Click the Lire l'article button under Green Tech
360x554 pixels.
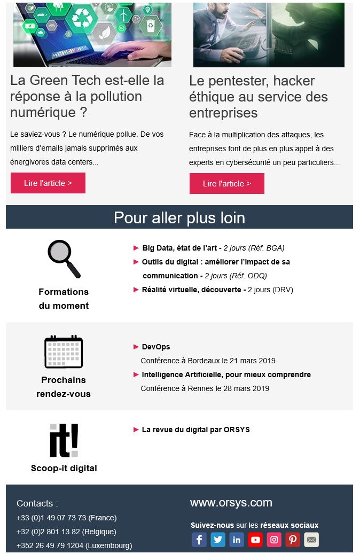[x=48, y=183]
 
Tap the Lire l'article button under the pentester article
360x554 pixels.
[x=226, y=184]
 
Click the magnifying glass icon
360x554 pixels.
[x=64, y=259]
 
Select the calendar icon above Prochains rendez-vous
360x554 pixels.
[x=64, y=352]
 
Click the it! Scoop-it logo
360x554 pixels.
[x=64, y=441]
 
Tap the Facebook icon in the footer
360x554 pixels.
[x=199, y=540]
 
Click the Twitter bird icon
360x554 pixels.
[x=218, y=540]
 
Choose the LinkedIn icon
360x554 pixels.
[x=237, y=540]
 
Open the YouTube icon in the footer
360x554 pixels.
[x=255, y=540]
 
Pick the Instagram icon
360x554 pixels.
[x=274, y=540]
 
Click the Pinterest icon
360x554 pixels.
[x=293, y=540]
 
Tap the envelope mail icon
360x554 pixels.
[x=311, y=540]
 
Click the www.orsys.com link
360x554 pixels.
[x=231, y=503]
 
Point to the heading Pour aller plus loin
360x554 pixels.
[x=179, y=217]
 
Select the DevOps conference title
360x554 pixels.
[x=156, y=347]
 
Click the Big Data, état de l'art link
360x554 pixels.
[x=179, y=248]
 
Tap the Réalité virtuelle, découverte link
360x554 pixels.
[x=194, y=290]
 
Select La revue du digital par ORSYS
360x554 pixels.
[x=195, y=430]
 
